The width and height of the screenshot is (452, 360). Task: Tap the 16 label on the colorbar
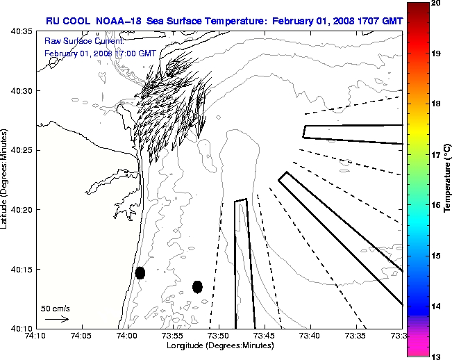pyautogui.click(x=437, y=206)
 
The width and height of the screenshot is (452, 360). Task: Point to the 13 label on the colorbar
pyautogui.click(x=437, y=356)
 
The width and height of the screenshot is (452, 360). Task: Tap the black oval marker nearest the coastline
pyautogui.click(x=140, y=272)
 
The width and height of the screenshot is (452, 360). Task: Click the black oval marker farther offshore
pyautogui.click(x=197, y=286)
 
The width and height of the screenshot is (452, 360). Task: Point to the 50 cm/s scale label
pyautogui.click(x=54, y=308)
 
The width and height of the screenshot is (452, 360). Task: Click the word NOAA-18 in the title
pyautogui.click(x=112, y=21)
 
